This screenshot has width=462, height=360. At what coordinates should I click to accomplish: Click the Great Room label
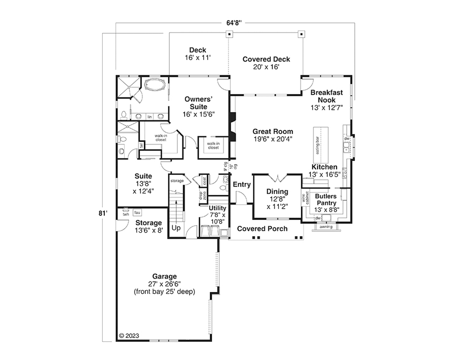pyautogui.click(x=273, y=132)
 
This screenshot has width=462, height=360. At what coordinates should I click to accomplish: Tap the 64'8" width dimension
pyautogui.click(x=234, y=23)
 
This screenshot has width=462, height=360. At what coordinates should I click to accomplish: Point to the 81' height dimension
pyautogui.click(x=103, y=213)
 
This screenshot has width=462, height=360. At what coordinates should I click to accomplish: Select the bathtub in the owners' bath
pyautogui.click(x=155, y=86)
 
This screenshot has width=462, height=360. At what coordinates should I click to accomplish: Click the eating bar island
pyautogui.click(x=321, y=145)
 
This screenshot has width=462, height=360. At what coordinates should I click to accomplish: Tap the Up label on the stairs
pyautogui.click(x=176, y=228)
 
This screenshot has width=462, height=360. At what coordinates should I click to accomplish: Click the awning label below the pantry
pyautogui.click(x=326, y=227)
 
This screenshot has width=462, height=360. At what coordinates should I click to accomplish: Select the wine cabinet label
pyautogui.click(x=306, y=198)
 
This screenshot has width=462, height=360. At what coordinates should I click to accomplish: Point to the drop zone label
pyautogui.click(x=203, y=195)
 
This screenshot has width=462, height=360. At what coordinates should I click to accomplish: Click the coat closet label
pyautogui.click(x=204, y=181)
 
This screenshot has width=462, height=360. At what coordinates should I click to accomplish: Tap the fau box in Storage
pyautogui.click(x=137, y=212)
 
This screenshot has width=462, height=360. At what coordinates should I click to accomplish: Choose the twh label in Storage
pyautogui.click(x=126, y=214)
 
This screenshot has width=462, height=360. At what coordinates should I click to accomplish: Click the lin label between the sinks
pyautogui.click(x=150, y=117)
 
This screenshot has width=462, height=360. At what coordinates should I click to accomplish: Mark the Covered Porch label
pyautogui.click(x=262, y=228)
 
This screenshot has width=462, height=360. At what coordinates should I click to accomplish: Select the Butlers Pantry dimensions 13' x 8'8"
pyautogui.click(x=327, y=210)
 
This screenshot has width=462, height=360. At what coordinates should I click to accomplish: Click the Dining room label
pyautogui.click(x=277, y=192)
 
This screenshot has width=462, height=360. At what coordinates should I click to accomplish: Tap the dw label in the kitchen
pyautogui.click(x=347, y=138)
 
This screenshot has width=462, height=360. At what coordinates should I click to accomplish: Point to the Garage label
pyautogui.click(x=164, y=276)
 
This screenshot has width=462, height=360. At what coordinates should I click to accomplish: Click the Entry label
pyautogui.click(x=242, y=184)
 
